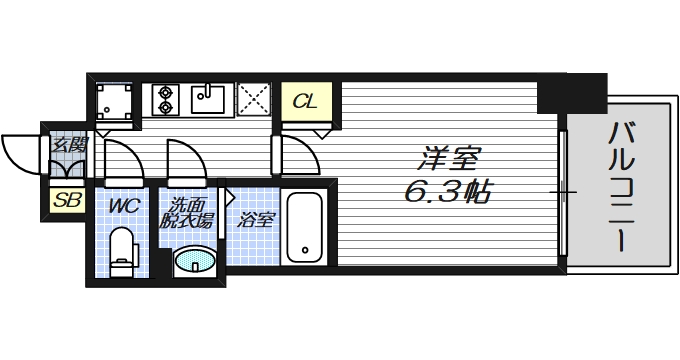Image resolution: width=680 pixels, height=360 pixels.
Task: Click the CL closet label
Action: [x=306, y=101]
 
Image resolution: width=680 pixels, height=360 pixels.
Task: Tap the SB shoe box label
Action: [x=67, y=200]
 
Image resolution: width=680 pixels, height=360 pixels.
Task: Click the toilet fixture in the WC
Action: [x=122, y=250]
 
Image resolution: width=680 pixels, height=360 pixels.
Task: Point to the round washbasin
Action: [x=193, y=263]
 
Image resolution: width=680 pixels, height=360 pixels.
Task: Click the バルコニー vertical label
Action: [x=621, y=186]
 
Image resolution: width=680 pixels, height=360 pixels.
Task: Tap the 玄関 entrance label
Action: [x=67, y=146]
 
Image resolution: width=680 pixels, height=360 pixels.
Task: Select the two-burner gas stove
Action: [x=166, y=99]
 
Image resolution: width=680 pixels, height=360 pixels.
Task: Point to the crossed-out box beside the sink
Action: [x=254, y=100]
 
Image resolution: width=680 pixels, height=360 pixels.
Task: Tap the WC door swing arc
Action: [x=120, y=160]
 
